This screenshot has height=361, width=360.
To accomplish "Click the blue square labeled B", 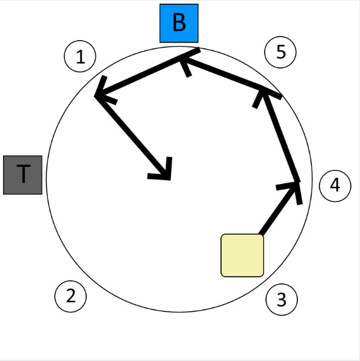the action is click(x=179, y=23).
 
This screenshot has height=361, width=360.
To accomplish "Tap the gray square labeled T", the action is click(x=22, y=175).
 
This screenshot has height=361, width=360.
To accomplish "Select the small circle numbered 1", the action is click(x=80, y=56).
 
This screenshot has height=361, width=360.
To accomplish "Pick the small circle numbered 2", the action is click(x=70, y=296).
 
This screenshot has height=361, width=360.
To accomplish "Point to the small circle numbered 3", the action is click(x=282, y=300).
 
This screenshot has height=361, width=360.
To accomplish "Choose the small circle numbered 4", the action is click(x=335, y=186).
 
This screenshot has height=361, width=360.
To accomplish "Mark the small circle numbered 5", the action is click(x=280, y=52).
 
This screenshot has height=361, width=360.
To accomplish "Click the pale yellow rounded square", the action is click(x=242, y=255).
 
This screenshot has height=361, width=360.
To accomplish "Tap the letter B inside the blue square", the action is click(x=179, y=22).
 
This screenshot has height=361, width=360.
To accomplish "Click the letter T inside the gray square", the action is click(x=23, y=174).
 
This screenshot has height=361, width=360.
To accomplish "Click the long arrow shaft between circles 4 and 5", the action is click(x=280, y=136).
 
